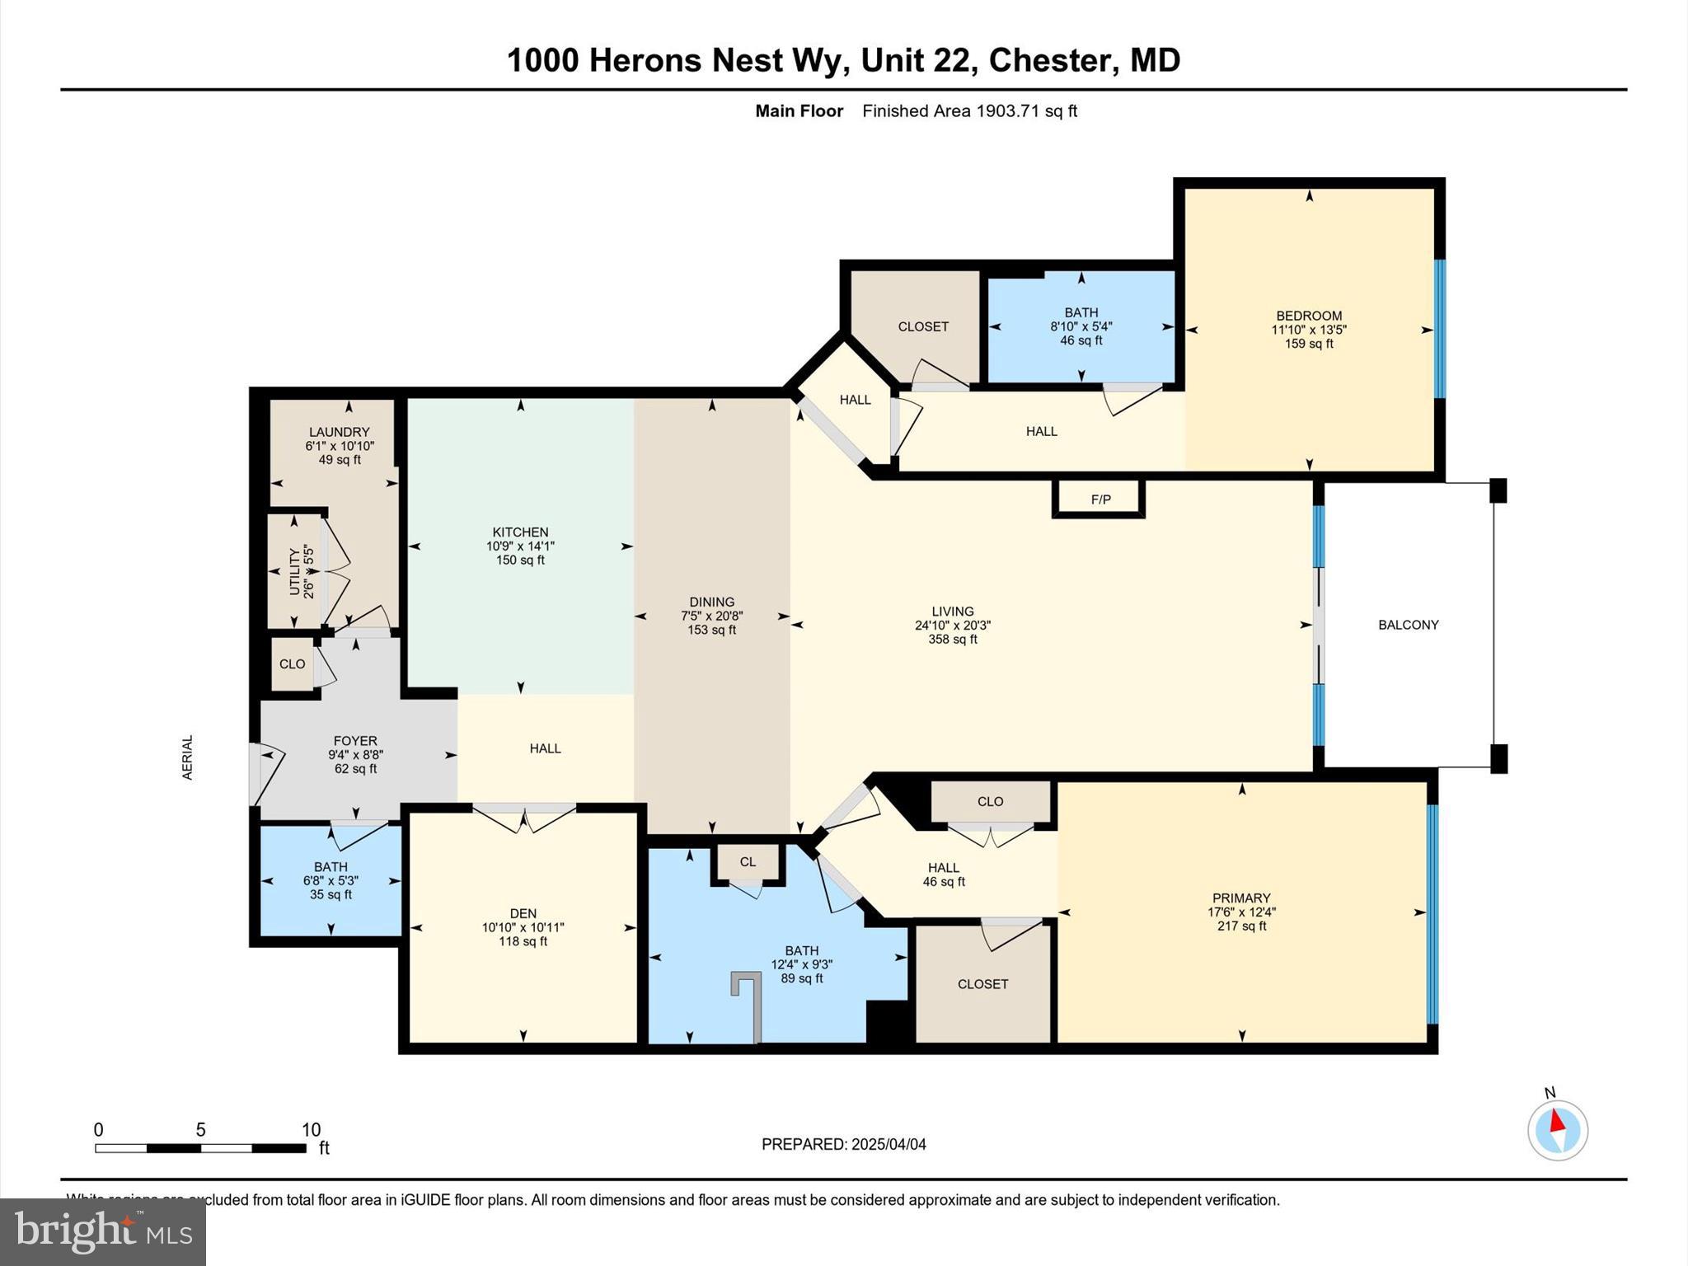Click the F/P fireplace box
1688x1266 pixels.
point(1100,499)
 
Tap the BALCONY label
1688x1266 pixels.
point(1408,625)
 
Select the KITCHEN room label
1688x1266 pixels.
point(520,532)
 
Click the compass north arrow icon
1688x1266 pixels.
point(1557,1129)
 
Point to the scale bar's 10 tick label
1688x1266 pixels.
point(311,1130)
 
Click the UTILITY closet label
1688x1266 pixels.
point(294,571)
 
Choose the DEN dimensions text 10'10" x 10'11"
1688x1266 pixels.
point(523,927)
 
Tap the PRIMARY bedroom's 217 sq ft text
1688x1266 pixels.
point(1241,926)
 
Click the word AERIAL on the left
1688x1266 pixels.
point(187,757)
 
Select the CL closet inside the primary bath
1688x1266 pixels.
point(748,862)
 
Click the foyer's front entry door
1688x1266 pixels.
point(262,773)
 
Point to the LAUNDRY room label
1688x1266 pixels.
point(339,432)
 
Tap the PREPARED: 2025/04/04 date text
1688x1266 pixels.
point(843,1144)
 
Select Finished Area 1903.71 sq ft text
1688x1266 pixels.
point(969,111)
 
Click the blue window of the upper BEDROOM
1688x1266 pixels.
point(1439,329)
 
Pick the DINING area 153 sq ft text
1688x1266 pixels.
point(711,630)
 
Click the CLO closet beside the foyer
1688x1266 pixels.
point(292,663)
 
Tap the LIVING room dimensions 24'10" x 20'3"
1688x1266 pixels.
point(952,626)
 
